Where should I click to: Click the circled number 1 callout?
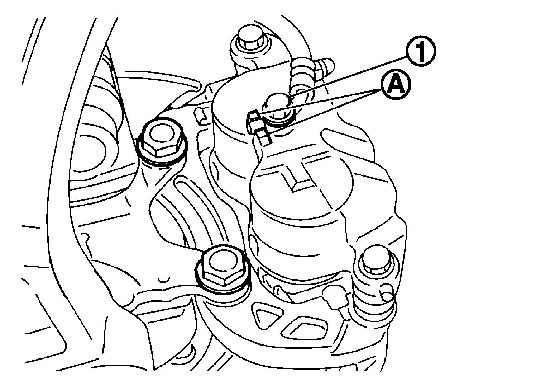click(x=421, y=51)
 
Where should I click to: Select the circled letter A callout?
click(x=395, y=85)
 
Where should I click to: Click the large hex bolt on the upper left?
click(x=162, y=140)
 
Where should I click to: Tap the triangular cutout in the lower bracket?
click(x=268, y=316)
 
